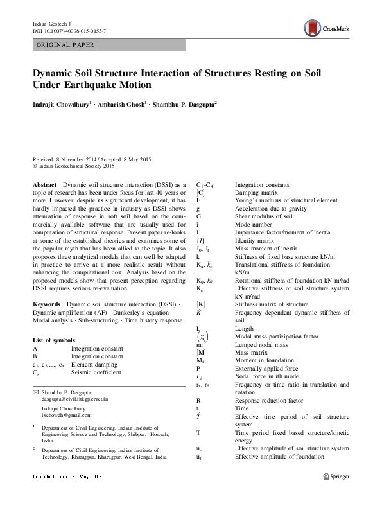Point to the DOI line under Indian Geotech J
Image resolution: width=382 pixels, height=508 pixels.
pyautogui.click(x=69, y=31)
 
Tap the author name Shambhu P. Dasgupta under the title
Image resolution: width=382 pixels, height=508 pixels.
pyautogui.click(x=184, y=103)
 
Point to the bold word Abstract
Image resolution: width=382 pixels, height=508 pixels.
pyautogui.click(x=45, y=184)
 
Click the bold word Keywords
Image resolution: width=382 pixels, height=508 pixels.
pyautogui.click(x=47, y=302)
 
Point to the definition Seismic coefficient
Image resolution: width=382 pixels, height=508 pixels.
pyautogui.click(x=96, y=372)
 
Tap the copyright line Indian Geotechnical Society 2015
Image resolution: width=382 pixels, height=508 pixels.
pyautogui.click(x=76, y=166)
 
